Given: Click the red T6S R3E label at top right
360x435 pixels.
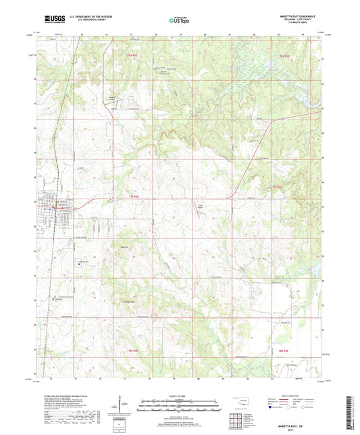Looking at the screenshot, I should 284,56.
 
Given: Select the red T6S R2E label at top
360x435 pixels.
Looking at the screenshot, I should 133,56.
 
